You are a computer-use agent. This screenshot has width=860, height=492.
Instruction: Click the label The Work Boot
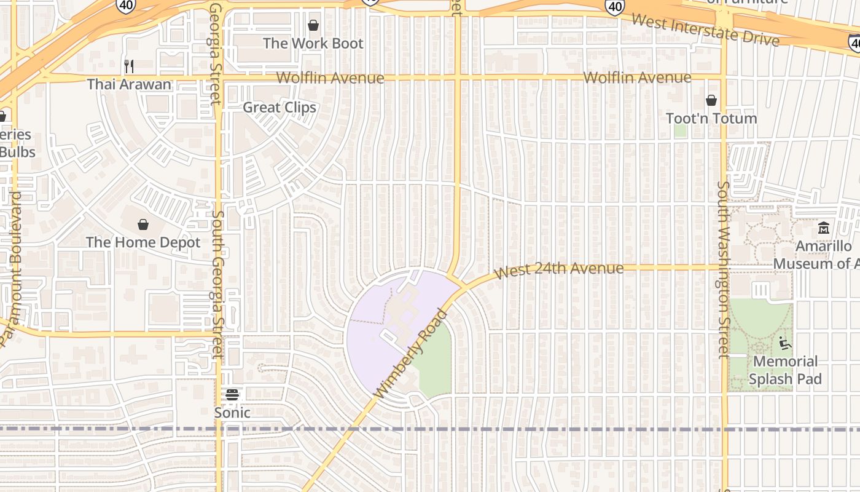tap(313, 44)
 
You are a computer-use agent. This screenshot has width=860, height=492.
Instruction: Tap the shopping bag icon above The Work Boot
tap(313, 25)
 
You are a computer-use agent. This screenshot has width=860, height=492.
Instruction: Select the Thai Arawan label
tap(129, 84)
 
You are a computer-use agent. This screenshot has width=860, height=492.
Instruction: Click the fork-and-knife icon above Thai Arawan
tap(129, 66)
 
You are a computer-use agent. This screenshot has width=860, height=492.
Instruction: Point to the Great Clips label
tap(279, 108)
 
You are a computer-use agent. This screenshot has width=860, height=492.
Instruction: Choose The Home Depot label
tap(143, 242)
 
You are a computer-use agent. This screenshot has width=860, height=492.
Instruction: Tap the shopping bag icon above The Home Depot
tap(143, 224)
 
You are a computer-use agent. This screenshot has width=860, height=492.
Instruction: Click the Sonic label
tap(232, 413)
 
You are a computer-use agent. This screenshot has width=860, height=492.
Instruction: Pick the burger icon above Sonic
tap(232, 394)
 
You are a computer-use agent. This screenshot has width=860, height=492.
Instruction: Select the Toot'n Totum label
tap(711, 118)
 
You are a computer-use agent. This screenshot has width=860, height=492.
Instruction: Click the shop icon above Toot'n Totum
tap(711, 100)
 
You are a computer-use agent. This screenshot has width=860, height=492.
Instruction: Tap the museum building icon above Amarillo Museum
tap(824, 228)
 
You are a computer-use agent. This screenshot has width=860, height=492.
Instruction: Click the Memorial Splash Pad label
tap(785, 370)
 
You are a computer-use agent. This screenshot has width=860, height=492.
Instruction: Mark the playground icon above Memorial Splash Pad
tap(785, 342)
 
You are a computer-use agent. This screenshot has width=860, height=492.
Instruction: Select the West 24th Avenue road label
tap(559, 269)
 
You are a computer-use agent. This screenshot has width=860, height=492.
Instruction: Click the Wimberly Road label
tap(411, 354)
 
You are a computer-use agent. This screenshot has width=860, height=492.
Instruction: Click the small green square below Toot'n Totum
tap(680, 130)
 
